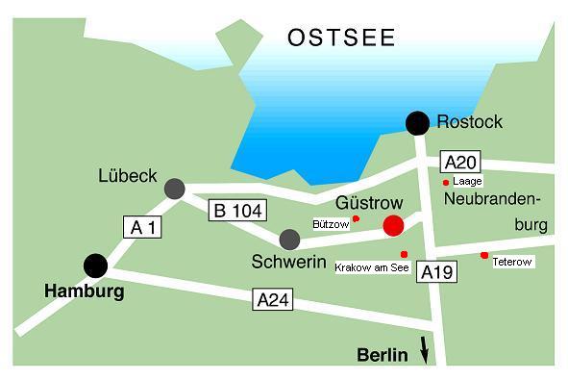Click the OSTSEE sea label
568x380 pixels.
342,38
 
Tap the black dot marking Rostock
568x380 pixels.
417,122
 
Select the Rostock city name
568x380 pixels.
469,122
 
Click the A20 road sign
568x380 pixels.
459,162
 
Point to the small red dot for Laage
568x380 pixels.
445,181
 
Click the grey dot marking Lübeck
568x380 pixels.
174,189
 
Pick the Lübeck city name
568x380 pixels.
127,176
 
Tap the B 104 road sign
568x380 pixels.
236,210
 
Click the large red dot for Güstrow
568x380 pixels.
393,226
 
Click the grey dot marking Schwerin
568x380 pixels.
289,239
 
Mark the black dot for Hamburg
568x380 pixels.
95,265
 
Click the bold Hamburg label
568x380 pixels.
85,291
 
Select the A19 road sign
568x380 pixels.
437,272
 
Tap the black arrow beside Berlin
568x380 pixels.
425,349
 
